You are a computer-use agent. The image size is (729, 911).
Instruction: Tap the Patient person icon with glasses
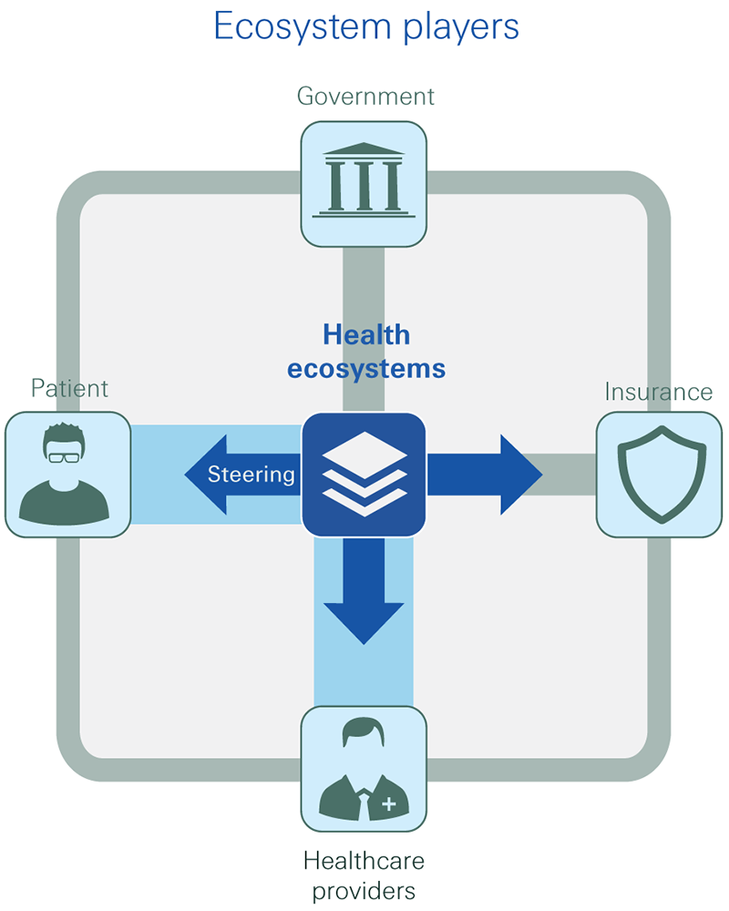coord(66,474)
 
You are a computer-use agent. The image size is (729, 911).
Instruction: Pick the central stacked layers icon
coord(364,474)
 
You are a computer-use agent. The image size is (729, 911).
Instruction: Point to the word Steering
coord(251,475)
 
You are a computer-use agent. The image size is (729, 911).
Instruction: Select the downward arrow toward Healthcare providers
coord(364,592)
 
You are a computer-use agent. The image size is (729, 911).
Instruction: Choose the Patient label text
coord(69,389)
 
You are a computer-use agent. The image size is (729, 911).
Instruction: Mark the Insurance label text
coord(658,393)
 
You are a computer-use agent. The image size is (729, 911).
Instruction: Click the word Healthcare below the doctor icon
coord(364,860)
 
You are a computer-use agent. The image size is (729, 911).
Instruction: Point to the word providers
coord(364,890)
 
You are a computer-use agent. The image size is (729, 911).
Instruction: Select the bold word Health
coord(366,335)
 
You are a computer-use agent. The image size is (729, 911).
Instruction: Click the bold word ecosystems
coord(366,369)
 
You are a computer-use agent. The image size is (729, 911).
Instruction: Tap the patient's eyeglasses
coord(65,456)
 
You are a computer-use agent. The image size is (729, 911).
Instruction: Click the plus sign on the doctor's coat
coord(390,804)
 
